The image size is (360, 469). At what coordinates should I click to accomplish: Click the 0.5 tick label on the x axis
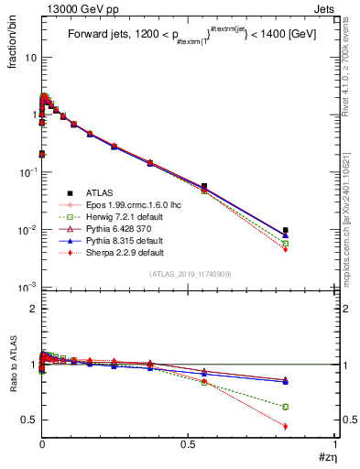188,444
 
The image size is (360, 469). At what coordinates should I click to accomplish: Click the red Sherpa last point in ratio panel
286,426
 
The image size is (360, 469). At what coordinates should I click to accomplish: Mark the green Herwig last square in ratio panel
286,407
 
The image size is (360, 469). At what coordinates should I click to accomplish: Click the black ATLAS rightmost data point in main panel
286,230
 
